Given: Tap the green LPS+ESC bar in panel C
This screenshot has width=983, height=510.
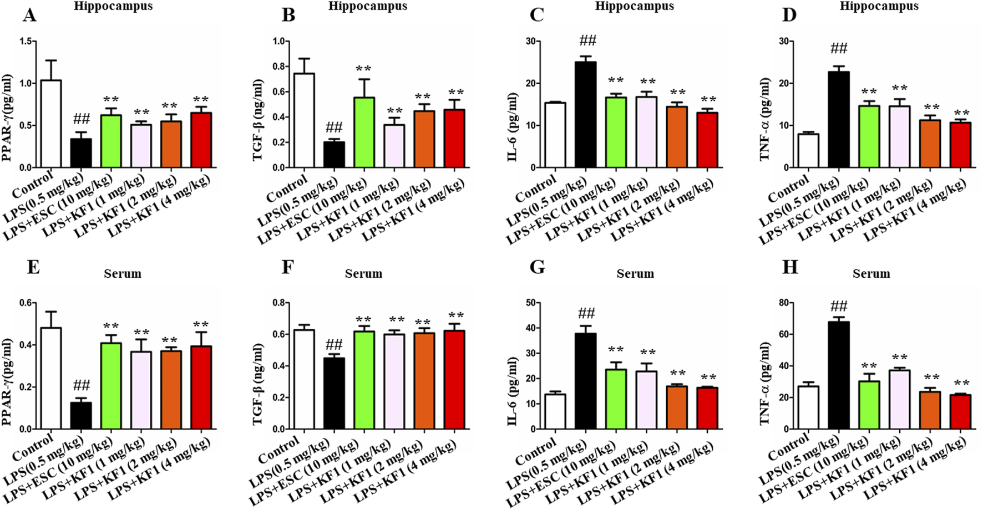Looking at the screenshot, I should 616,132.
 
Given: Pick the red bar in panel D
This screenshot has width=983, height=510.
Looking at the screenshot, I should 960,145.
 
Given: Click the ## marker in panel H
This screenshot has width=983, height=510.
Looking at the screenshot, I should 839,307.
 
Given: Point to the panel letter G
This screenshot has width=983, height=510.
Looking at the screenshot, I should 537,267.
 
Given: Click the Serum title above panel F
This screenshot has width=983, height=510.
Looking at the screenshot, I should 363,274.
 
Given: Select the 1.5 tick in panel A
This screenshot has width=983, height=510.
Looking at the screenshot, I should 25,42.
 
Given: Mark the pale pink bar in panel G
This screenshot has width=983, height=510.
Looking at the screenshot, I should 646,400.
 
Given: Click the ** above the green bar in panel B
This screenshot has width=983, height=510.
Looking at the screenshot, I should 363,69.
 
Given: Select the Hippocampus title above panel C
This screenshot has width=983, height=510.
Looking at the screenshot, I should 635,7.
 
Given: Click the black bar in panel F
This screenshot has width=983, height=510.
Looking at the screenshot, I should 334,393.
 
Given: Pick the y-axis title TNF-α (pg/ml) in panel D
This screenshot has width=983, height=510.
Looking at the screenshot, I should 766,119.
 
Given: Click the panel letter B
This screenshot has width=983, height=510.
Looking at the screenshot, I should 288,16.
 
